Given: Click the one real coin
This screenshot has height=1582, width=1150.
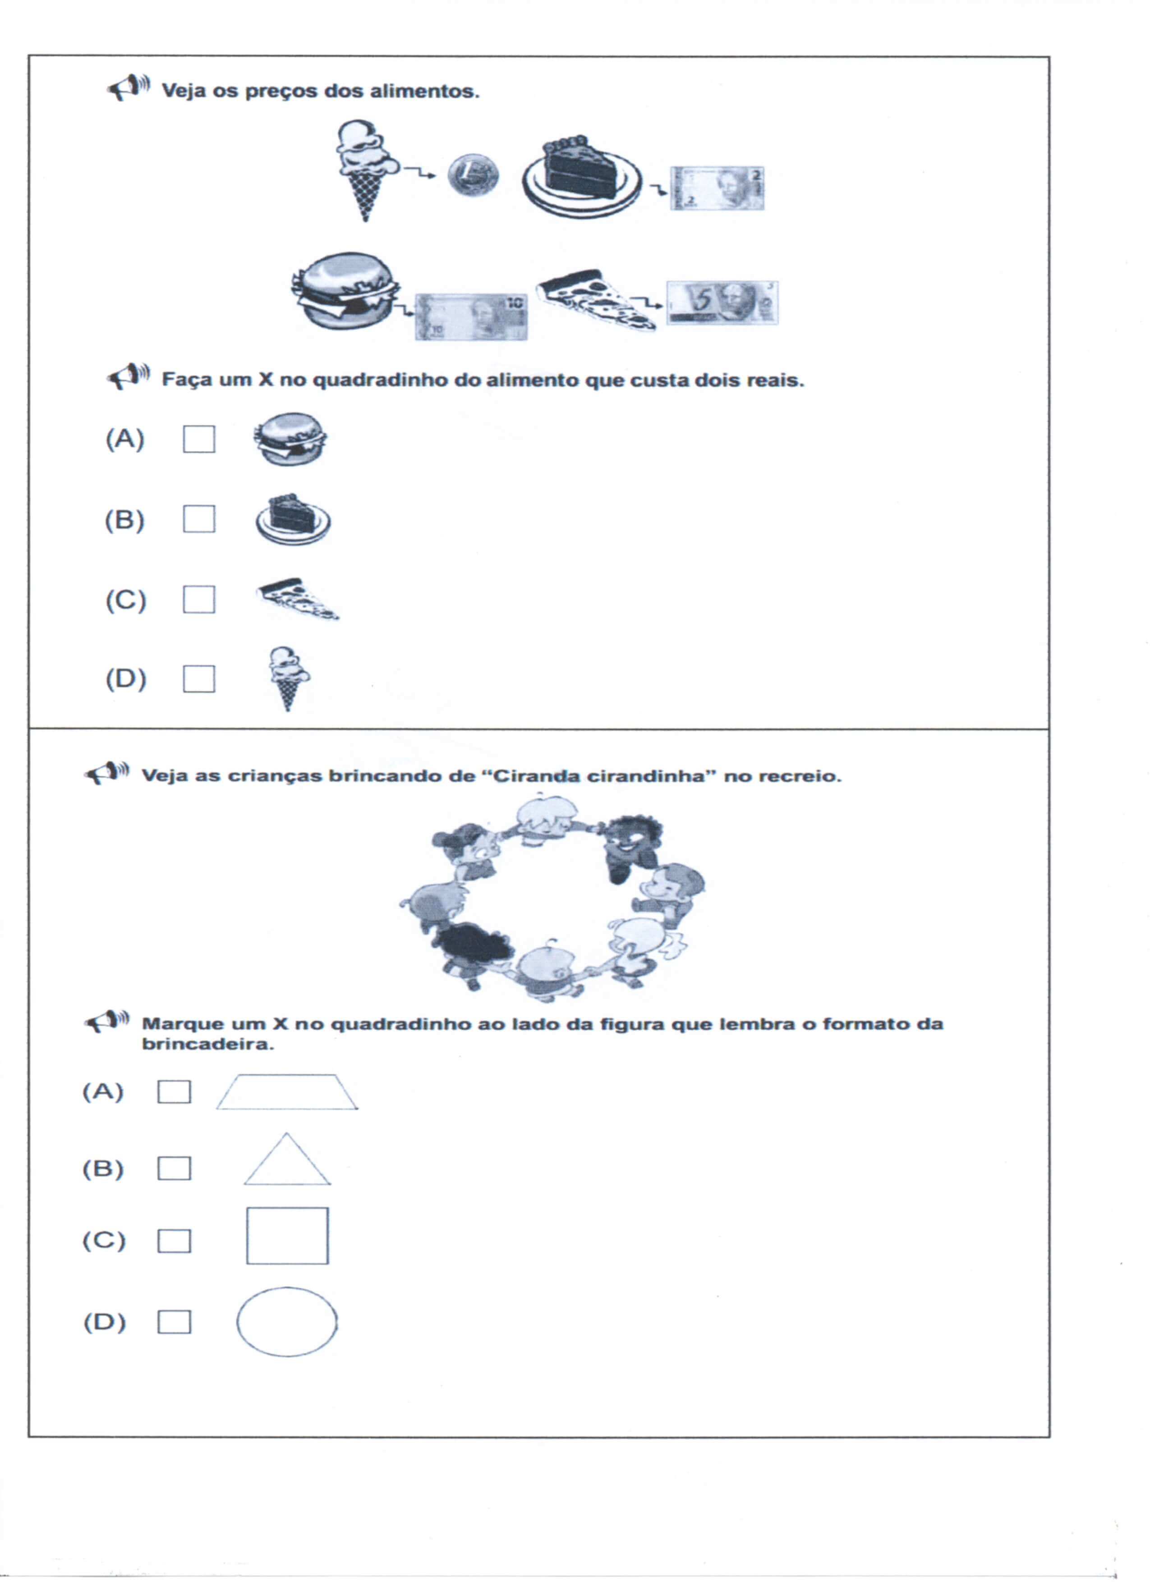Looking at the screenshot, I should tap(473, 175).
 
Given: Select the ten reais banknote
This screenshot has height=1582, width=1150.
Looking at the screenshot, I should tap(471, 316).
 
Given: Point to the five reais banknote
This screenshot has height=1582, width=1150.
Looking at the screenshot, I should tap(722, 303).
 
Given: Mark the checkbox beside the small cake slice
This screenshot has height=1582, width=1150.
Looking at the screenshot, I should tap(199, 519).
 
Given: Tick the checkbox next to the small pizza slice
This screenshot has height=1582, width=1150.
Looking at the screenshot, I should tap(199, 599).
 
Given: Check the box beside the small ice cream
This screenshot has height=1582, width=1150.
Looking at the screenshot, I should tap(199, 679).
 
